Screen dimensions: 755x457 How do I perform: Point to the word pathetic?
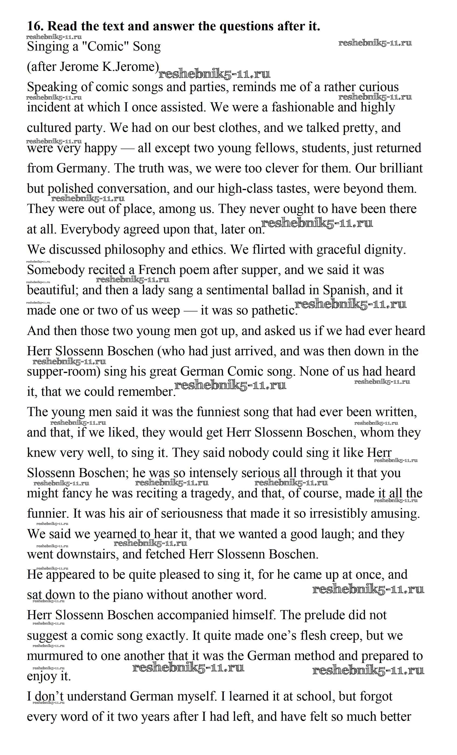274,311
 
